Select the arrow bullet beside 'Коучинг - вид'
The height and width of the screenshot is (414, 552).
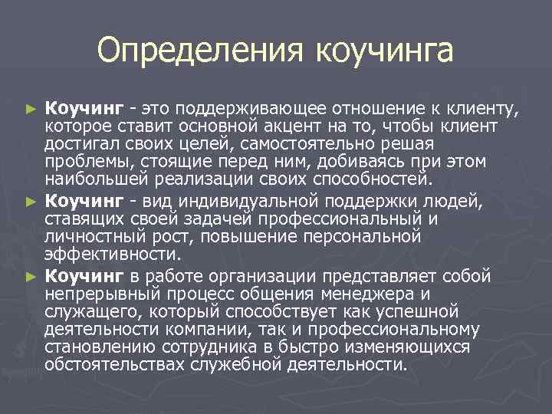[31, 202]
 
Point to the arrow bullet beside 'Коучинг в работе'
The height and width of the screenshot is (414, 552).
[31, 275]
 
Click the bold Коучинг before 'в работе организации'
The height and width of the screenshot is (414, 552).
[84, 275]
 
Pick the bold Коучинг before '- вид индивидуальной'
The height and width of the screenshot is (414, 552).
[84, 201]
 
